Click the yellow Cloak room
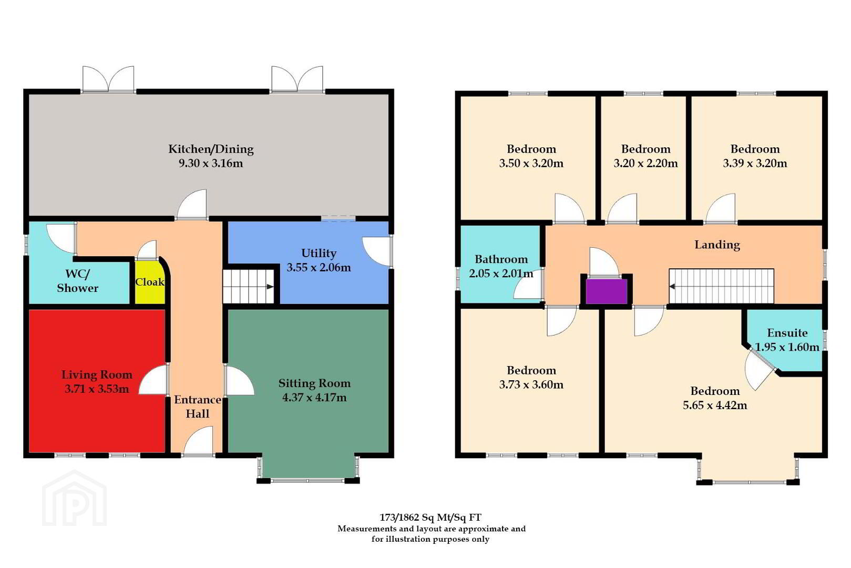tap(150, 282)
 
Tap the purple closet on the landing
tap(607, 291)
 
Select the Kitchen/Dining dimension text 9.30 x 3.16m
tap(211, 164)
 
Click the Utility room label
tap(319, 253)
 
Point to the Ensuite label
tap(787, 333)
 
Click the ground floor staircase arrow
tap(270, 287)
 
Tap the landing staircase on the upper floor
tap(721, 286)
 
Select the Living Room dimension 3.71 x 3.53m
tap(97, 389)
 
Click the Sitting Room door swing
tap(240, 380)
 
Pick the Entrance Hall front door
tap(198, 440)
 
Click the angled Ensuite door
tap(759, 370)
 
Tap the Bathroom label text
tap(501, 259)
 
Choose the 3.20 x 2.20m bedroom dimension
tap(645, 164)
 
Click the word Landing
tap(717, 245)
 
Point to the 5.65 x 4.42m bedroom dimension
tap(715, 405)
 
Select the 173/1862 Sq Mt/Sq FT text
tap(430, 518)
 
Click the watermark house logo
tap(75, 499)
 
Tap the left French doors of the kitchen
tap(108, 79)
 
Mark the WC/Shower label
tap(77, 281)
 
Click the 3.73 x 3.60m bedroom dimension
tap(531, 385)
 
